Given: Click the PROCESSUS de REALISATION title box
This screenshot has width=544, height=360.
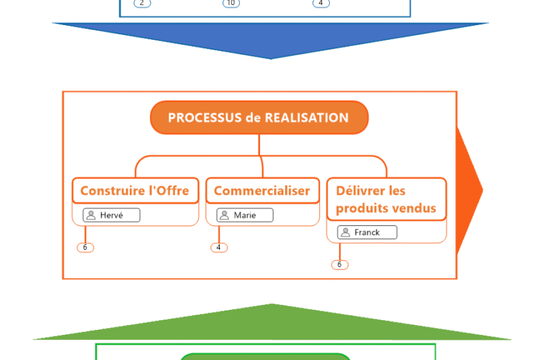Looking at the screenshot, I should coord(259,117).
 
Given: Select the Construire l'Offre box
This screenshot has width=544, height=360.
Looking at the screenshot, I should coord(135,190).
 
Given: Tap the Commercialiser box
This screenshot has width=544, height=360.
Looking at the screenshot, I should coord(262,190).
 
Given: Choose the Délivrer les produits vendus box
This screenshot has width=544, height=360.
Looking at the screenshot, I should coord(386,199).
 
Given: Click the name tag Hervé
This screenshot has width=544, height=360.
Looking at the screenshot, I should coord(112,215).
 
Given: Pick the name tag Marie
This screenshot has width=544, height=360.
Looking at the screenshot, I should coord(245,215).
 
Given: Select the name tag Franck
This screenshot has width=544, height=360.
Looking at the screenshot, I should coord(367,232).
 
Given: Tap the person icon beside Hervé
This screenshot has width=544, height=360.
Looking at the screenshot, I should coord(91,215).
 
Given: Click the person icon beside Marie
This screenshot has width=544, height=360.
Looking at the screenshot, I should coord(224,215).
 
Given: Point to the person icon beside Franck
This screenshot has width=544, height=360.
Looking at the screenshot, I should coord(345,232).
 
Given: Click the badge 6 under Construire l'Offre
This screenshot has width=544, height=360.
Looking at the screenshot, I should coord(85,248).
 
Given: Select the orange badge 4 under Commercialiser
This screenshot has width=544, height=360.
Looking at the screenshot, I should coord(218,248).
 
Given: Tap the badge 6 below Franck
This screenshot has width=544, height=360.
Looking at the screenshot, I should coord(340,264).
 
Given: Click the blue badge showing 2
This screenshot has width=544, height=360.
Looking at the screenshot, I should coord(142,3).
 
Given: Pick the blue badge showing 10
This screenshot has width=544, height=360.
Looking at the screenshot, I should coord(231,3).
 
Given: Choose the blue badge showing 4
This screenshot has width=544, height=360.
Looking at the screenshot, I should coord(321,3).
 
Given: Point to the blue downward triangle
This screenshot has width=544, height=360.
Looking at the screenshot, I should coord(271,38).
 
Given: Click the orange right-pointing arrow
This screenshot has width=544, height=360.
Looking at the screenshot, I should coord(468,190).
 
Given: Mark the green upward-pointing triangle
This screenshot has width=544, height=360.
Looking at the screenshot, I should coord(272,324).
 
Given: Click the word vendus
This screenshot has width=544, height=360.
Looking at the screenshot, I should coord(412,208).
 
